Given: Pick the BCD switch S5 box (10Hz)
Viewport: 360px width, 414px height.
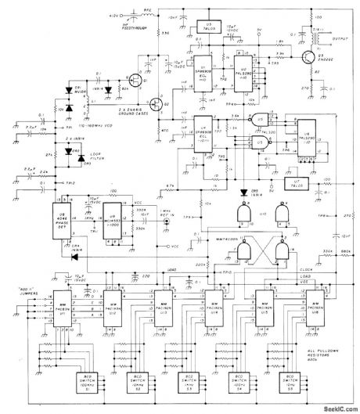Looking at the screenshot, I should coord(297,384).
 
